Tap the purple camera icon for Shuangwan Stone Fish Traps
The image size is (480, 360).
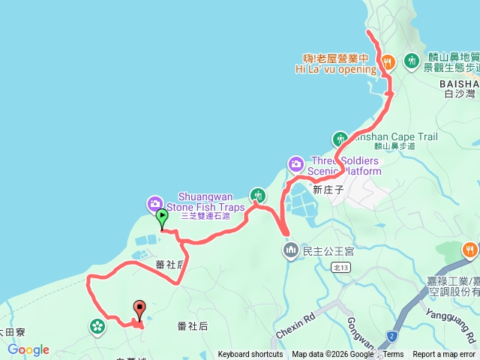pos(154,202)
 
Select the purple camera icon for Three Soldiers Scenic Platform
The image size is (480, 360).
pos(295,163)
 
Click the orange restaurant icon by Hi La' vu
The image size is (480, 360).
pos(387,61)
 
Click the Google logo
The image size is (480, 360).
pos(28,349)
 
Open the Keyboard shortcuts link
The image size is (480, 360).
pos(250,355)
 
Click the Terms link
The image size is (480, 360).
pos(393,355)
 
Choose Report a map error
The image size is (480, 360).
pos(444,355)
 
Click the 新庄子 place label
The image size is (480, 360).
pos(328,190)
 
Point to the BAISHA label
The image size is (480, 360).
pos(460,82)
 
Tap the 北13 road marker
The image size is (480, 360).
pos(341,266)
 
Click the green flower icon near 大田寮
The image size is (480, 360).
pos(97,325)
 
